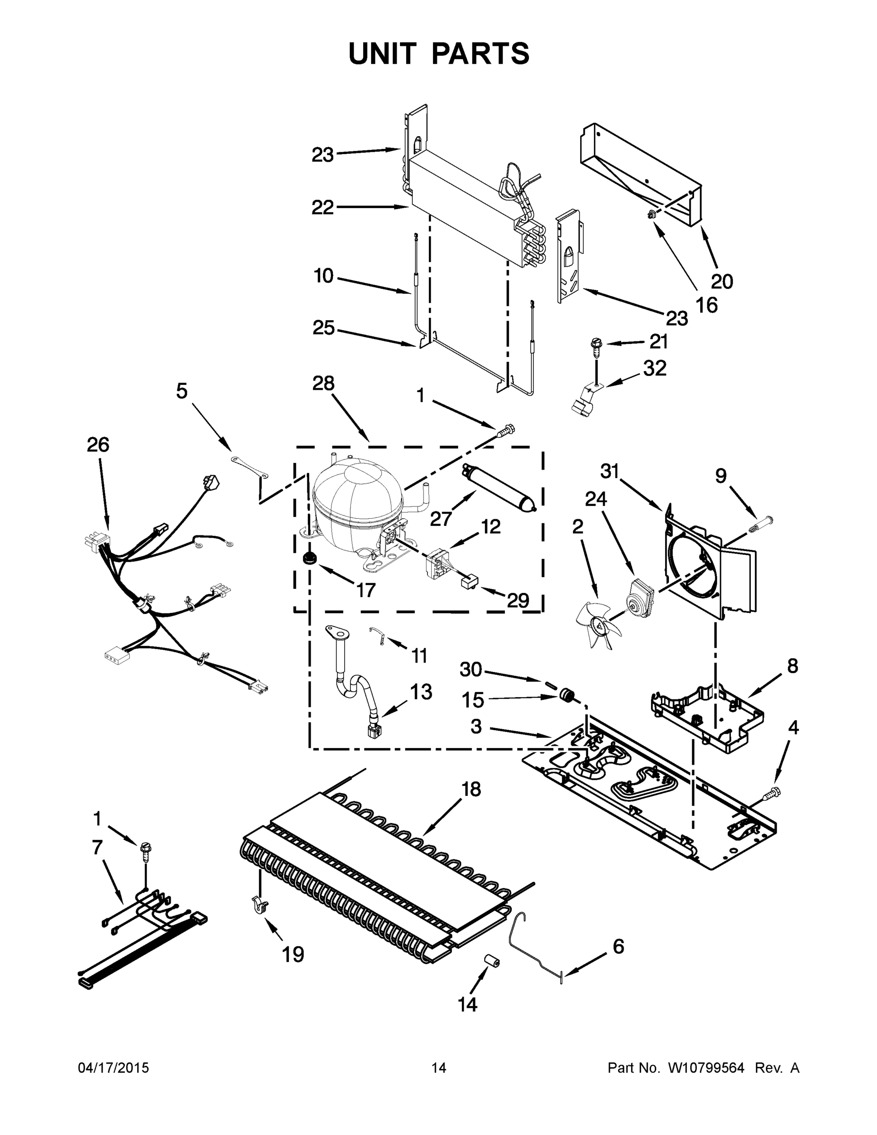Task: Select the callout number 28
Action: point(323,384)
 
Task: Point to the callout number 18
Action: point(471,789)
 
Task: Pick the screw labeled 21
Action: point(596,346)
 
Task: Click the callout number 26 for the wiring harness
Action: point(98,445)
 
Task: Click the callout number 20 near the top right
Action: point(721,281)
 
